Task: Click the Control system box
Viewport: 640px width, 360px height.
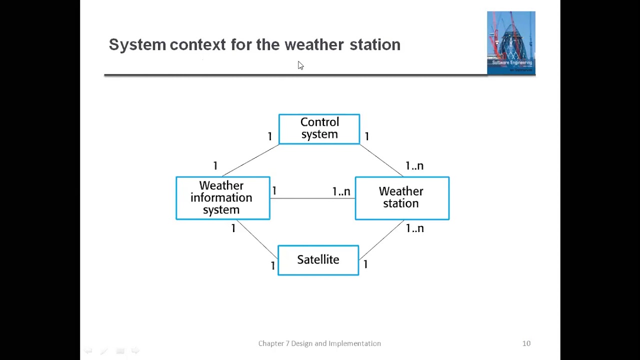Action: [x=319, y=129]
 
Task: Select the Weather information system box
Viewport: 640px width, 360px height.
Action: [x=222, y=198]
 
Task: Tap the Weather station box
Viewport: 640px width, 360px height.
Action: [x=402, y=198]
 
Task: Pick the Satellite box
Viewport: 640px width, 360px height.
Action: [x=318, y=260]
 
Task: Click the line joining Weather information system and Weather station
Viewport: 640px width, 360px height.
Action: [x=312, y=198]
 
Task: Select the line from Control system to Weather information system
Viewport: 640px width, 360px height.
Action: [x=250, y=160]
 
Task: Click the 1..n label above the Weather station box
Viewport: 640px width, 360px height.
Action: [x=414, y=166]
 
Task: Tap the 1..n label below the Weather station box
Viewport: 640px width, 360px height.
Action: [x=414, y=228]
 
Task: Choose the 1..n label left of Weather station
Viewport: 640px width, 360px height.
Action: [x=341, y=191]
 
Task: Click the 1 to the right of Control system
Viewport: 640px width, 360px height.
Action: [x=367, y=136]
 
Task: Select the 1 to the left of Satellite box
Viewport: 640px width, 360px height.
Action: [x=272, y=266]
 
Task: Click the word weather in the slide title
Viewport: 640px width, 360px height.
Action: [x=314, y=45]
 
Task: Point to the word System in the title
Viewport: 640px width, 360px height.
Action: [x=137, y=45]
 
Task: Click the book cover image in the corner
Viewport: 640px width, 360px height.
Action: [x=511, y=42]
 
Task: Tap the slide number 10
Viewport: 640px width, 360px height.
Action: [x=526, y=343]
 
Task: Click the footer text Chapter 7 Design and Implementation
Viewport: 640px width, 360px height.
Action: [x=319, y=343]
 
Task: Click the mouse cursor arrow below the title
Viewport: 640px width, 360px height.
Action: [x=300, y=65]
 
